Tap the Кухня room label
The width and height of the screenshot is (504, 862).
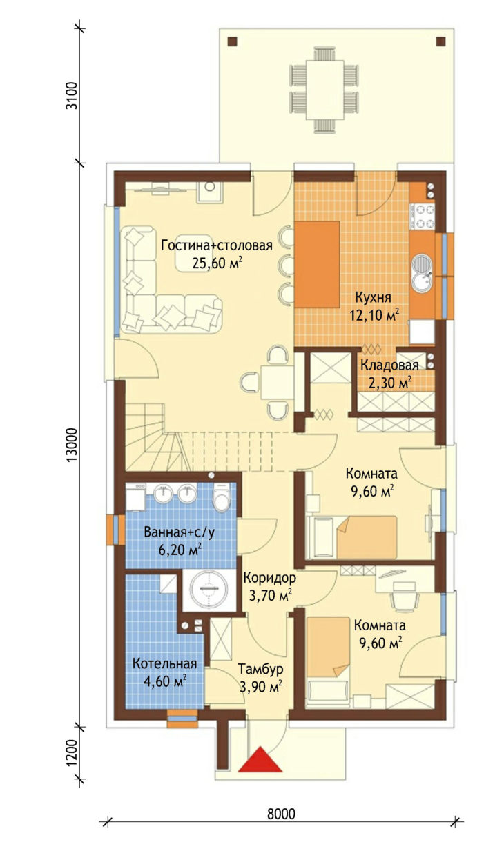point(373,297)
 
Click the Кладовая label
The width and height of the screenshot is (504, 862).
point(389,365)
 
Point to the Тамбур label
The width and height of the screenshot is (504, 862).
point(260,668)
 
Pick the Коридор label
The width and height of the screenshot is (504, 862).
point(270,577)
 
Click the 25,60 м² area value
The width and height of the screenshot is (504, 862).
point(217,263)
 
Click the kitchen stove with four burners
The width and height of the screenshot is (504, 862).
point(423,217)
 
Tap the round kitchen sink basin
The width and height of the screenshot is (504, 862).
point(422,264)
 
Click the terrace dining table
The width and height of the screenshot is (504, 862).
point(324,90)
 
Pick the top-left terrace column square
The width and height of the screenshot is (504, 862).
point(232,42)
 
